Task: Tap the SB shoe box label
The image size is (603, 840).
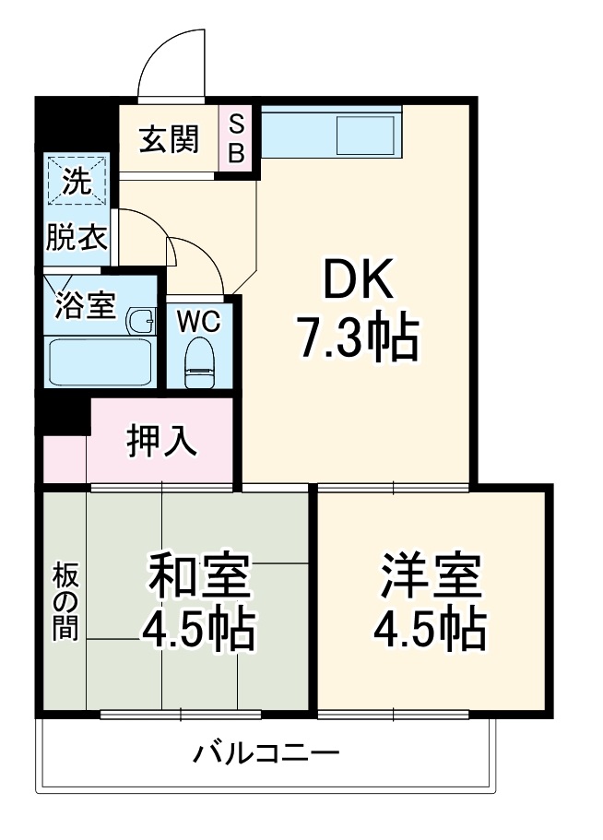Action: coord(237,137)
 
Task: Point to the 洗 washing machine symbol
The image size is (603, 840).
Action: coord(77,182)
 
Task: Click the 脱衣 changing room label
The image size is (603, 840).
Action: coord(77,239)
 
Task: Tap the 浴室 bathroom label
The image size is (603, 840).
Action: coord(85,304)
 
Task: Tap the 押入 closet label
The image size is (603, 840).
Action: coord(162,442)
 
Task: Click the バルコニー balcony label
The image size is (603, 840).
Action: coord(266,754)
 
